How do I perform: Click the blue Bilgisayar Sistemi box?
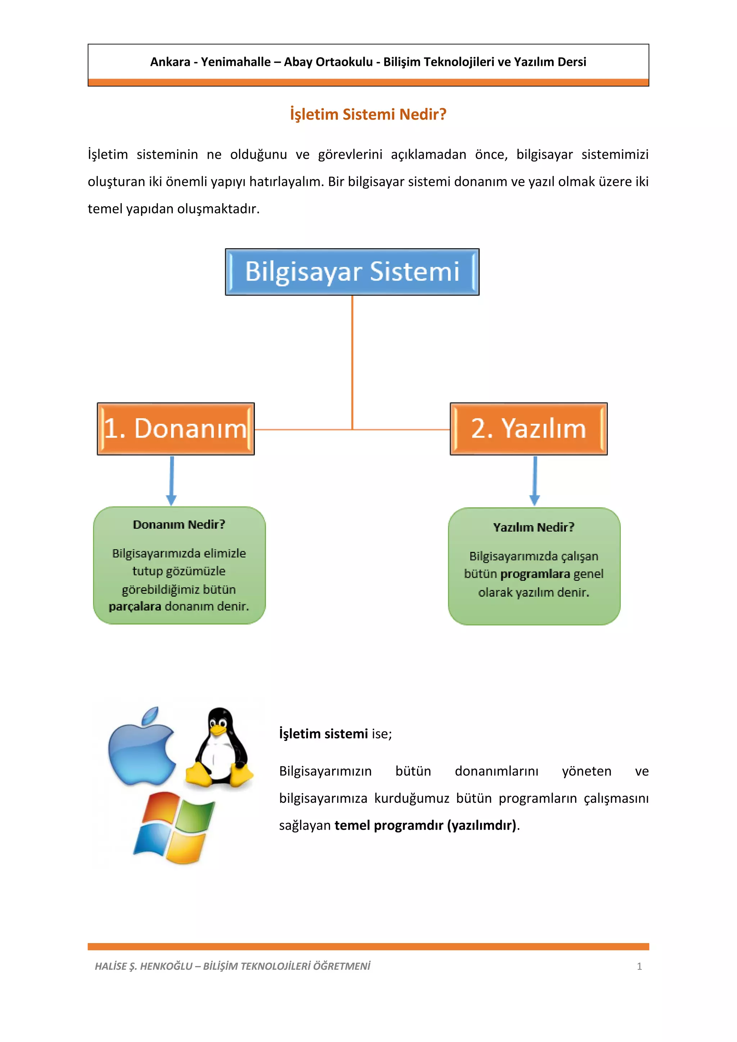click(352, 272)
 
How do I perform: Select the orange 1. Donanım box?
click(176, 429)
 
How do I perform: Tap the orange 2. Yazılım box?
click(529, 429)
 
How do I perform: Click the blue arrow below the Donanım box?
click(172, 481)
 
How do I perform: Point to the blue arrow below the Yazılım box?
click(535, 481)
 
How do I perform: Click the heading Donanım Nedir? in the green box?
click(179, 525)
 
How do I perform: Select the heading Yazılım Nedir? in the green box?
click(534, 527)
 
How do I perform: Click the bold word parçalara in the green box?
click(135, 606)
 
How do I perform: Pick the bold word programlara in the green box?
click(535, 574)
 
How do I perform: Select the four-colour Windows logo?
click(174, 828)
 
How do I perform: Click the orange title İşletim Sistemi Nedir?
click(368, 114)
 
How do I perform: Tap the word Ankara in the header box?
click(170, 62)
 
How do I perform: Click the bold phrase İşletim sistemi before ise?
click(323, 734)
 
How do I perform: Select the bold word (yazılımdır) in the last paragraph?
click(482, 825)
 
